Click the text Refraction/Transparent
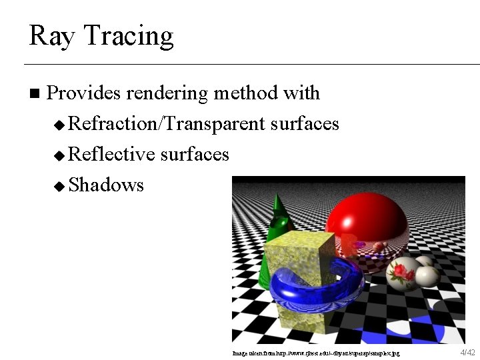(x=167, y=124)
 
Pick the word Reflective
(x=111, y=155)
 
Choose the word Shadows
(x=106, y=185)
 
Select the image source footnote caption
(x=317, y=352)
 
